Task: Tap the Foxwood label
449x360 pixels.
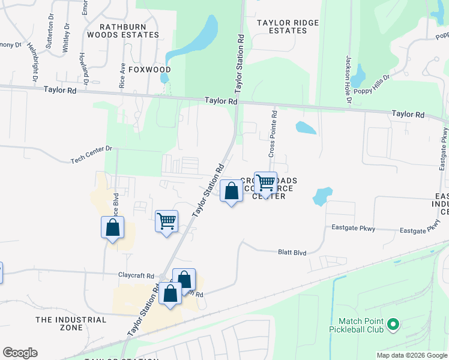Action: [145, 70]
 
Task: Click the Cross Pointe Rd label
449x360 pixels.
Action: [273, 133]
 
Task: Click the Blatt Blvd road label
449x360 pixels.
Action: [292, 253]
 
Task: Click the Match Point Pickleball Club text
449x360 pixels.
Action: [357, 325]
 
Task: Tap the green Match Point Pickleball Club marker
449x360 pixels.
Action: [393, 325]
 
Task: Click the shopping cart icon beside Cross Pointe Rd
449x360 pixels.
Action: [265, 182]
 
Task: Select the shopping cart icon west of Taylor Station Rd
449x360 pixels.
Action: [166, 220]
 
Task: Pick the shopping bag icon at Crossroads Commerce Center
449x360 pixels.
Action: [232, 191]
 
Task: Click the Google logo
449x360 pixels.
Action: [20, 353]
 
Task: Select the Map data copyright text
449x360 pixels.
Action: [411, 355]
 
